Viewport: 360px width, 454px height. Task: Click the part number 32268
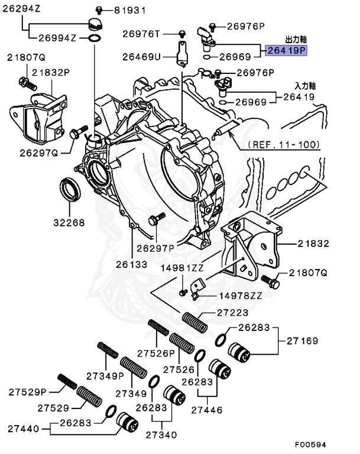click(x=69, y=223)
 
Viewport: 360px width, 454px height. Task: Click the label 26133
click(x=131, y=264)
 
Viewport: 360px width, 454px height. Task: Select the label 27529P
click(x=28, y=391)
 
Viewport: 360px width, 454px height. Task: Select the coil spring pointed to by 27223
click(x=195, y=323)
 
